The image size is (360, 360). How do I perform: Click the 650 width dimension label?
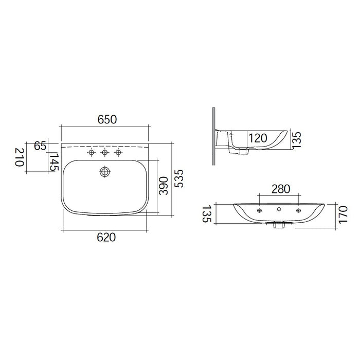107,119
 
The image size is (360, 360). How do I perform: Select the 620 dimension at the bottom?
106,237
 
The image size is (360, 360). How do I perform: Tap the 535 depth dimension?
179,178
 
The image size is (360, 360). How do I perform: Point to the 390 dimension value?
164,186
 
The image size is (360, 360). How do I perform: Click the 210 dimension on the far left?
20,157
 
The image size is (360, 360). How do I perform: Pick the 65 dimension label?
40,146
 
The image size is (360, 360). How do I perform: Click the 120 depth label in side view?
258,138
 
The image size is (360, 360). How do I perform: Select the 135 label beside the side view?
296,140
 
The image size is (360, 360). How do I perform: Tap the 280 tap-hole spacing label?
281,189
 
